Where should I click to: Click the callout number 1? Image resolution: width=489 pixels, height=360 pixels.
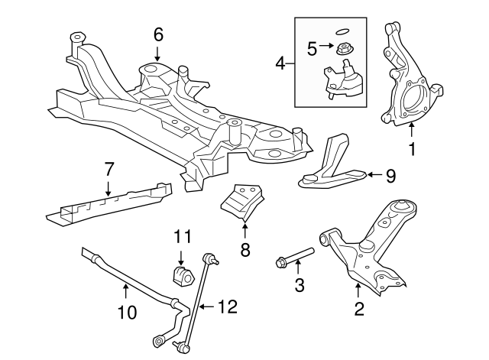[x=413, y=150]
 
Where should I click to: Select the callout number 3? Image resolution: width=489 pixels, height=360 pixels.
[x=300, y=286]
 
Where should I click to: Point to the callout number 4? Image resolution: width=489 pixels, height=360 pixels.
[x=280, y=63]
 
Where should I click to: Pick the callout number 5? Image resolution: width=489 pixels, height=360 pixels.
[x=311, y=49]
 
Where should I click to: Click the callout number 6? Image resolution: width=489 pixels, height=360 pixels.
[x=158, y=34]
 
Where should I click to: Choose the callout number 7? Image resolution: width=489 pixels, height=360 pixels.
[x=108, y=167]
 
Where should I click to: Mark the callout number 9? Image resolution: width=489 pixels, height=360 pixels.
[x=390, y=177]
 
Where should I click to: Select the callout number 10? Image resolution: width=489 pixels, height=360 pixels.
[x=127, y=311]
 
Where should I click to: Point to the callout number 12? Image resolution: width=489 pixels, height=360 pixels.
[x=227, y=306]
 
